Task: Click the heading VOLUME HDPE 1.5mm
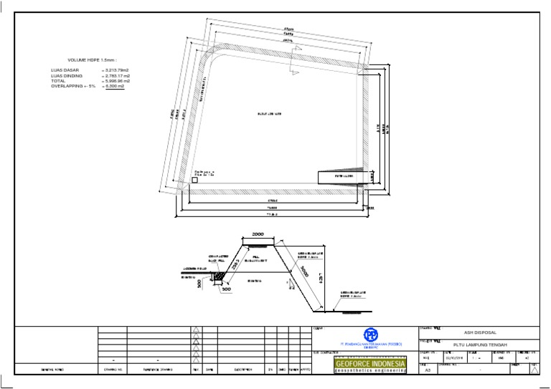coord(92,60)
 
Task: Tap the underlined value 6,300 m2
coord(115,86)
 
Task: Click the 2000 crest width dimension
coord(258,234)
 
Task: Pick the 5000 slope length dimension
coord(303,274)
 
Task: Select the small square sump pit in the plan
coord(194,181)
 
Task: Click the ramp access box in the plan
coord(343,176)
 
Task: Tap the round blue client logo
coord(370,335)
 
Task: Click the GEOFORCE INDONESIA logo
coord(370,365)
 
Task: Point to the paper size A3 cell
coord(428,370)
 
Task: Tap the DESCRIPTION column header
coord(240,370)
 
